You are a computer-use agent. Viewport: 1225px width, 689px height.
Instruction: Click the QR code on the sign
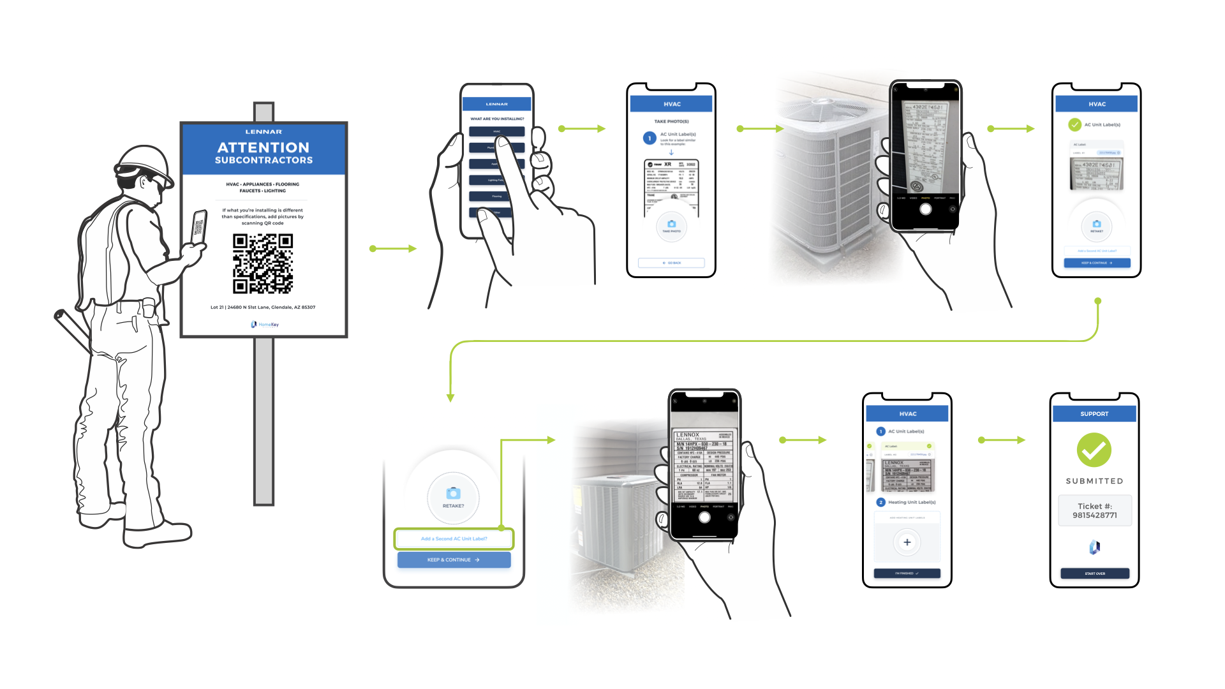pos(262,263)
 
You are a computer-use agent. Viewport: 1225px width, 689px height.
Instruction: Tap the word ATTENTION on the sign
pos(264,147)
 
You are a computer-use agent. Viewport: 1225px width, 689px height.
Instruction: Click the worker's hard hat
pos(145,165)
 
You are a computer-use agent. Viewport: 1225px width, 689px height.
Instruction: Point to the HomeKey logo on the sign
pos(265,325)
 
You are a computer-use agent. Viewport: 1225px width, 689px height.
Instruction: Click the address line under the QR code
pos(263,307)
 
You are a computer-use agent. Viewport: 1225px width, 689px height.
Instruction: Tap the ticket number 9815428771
pos(1094,515)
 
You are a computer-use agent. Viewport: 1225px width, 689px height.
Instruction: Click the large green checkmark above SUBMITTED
pos(1094,450)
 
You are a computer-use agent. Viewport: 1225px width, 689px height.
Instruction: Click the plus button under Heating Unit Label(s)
pos(907,542)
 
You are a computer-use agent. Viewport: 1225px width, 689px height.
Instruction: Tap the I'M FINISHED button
pos(907,574)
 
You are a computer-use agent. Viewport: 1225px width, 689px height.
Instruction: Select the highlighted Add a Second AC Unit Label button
pos(454,539)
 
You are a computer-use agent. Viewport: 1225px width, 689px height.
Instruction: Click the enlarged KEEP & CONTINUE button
pos(454,560)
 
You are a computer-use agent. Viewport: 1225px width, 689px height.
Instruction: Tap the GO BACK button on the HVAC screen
pos(671,263)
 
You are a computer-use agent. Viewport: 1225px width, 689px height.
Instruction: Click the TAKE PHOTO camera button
pos(671,225)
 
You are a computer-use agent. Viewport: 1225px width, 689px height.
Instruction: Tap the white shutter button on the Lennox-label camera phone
pos(704,517)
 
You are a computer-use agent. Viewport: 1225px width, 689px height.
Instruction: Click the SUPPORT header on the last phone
pos(1094,414)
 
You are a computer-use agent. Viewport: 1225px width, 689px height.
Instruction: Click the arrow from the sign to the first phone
pos(393,249)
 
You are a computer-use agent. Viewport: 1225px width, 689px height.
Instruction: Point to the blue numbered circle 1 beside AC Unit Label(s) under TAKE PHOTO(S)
pos(650,138)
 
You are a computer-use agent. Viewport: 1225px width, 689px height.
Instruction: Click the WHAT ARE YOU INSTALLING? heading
pos(497,119)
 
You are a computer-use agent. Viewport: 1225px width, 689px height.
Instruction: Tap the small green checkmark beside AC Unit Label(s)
pos(1074,124)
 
